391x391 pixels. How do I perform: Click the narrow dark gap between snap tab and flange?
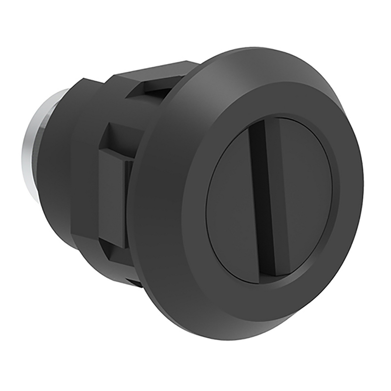pyautogui.click(x=129, y=205)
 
